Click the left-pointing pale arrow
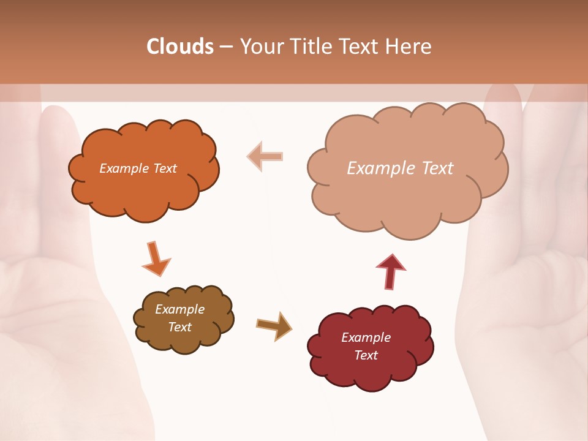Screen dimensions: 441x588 pyautogui.click(x=265, y=156)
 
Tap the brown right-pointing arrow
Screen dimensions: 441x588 pyautogui.click(x=274, y=325)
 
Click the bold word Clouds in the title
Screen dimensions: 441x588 pyautogui.click(x=180, y=47)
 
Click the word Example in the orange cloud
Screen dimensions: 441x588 pyautogui.click(x=123, y=168)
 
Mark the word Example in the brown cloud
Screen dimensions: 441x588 pyautogui.click(x=179, y=309)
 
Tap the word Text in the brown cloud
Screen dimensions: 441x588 pyautogui.click(x=179, y=327)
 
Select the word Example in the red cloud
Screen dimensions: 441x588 pyautogui.click(x=366, y=337)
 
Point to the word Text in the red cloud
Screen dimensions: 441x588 pyautogui.click(x=366, y=355)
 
